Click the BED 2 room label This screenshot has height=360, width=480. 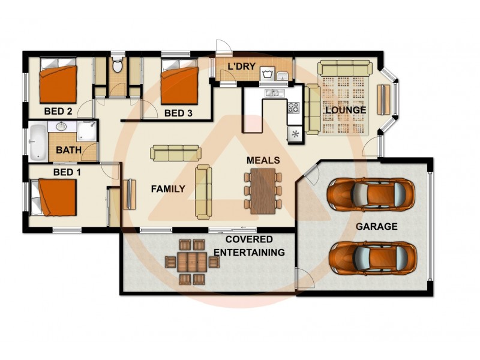coord(58,112)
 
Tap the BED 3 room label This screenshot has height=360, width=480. coord(178,113)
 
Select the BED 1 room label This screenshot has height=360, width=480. coord(67,172)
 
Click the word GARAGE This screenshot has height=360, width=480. coord(376,227)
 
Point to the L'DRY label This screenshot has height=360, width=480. coord(241,66)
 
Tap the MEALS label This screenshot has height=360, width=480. coord(263,161)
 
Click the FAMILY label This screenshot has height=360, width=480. coord(167,189)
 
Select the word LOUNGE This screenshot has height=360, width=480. coord(345,111)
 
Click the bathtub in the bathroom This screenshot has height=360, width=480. coord(38,142)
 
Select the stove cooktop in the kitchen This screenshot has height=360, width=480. coord(294,108)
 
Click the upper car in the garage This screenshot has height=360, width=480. coord(370,193)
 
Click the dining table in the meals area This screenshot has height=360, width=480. coord(262,190)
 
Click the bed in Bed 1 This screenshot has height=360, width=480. coord(55,198)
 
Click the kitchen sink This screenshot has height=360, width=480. coord(273,93)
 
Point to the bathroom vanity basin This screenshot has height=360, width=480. coord(61,127)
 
